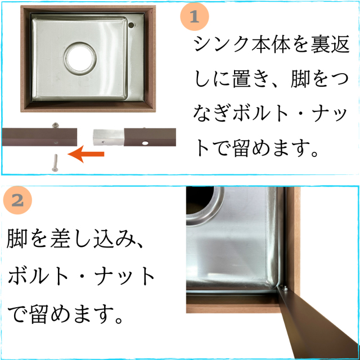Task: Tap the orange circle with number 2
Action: [17, 200]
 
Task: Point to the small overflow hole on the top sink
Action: [132, 25]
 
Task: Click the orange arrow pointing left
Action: [89, 152]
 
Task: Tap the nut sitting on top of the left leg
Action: [55, 125]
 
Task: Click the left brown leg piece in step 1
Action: [39, 137]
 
